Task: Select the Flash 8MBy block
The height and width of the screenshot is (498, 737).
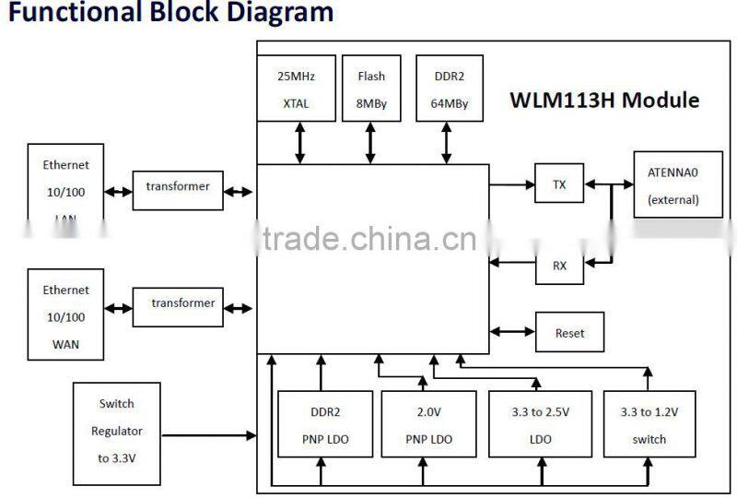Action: pos(371,89)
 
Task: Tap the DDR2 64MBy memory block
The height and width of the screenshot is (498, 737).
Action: pos(449,89)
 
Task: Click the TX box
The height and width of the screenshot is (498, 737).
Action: pos(559,184)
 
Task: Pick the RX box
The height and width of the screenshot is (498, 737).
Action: pos(559,266)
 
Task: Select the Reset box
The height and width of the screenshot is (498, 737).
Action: pos(569,332)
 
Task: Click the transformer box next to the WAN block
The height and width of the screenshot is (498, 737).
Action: pos(182,304)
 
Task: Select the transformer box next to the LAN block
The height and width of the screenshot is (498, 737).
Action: pos(178,187)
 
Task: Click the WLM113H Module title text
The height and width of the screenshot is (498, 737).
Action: pos(604,101)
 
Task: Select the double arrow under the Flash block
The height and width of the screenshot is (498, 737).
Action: pos(370,144)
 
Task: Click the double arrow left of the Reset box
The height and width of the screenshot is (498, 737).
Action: pos(512,332)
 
